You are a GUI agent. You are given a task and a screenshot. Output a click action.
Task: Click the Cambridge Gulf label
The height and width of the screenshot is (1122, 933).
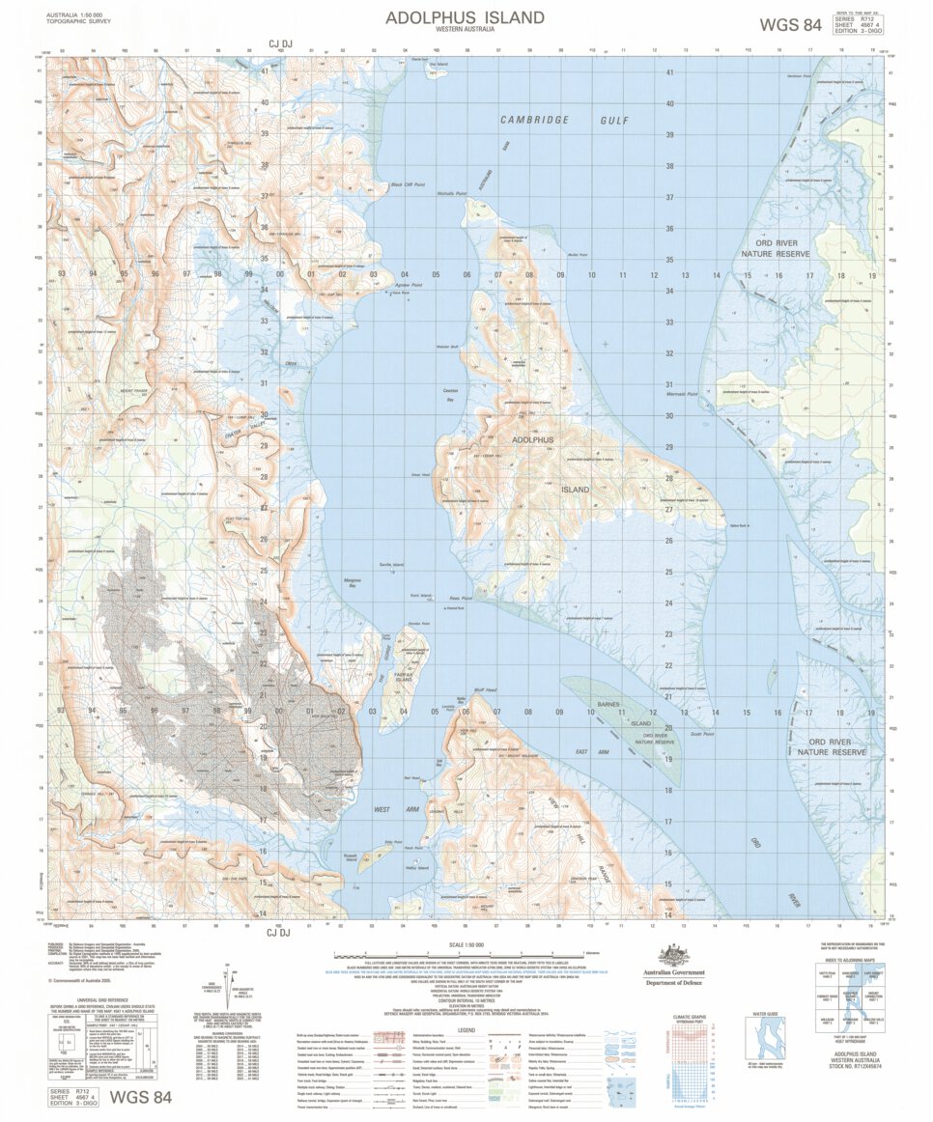[563, 120]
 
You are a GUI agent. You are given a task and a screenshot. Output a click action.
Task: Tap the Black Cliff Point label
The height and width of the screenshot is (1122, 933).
[408, 185]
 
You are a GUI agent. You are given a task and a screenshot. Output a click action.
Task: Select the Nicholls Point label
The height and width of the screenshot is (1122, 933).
[451, 193]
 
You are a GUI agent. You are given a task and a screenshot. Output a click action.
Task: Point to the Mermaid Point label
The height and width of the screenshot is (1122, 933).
[681, 394]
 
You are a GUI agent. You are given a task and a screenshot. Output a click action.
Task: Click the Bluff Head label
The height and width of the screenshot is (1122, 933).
[484, 690]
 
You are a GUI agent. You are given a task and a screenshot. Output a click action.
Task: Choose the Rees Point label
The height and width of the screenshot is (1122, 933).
[461, 598]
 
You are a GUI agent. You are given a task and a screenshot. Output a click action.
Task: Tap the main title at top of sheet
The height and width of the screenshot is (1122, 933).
[465, 18]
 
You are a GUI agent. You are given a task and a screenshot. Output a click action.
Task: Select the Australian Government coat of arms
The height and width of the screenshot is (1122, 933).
[674, 955]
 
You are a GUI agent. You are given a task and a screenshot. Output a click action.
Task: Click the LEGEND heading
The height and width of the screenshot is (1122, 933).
[466, 1029]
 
